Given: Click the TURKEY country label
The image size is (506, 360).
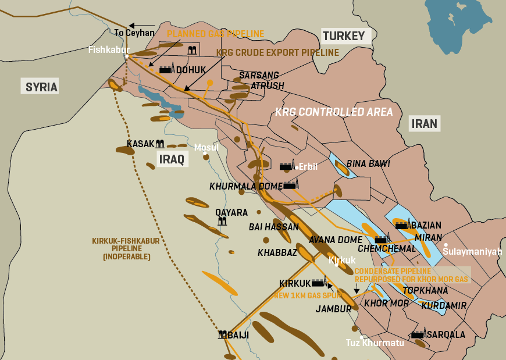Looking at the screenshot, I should (344, 36).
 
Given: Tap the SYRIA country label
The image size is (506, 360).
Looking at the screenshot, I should (41, 87).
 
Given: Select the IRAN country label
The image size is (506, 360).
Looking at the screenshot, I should (424, 123).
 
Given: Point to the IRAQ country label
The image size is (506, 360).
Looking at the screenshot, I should (172, 159).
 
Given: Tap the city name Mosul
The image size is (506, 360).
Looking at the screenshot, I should (206, 147).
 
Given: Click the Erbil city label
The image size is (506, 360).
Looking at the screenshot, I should (308, 167).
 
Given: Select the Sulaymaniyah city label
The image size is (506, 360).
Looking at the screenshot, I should (472, 252).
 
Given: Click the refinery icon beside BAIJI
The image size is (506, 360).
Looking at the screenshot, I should (222, 335).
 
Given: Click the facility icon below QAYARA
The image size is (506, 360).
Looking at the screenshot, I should (222, 222).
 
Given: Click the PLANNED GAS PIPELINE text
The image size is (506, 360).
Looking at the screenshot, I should (215, 34).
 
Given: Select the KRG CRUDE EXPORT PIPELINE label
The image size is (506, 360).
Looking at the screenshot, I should (277, 52).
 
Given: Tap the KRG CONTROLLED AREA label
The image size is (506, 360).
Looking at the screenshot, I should (334, 112).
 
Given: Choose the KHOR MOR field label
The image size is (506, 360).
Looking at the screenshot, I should (386, 304).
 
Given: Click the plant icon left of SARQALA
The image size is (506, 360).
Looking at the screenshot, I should (418, 335).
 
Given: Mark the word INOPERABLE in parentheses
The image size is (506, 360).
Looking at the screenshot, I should (126, 256).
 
